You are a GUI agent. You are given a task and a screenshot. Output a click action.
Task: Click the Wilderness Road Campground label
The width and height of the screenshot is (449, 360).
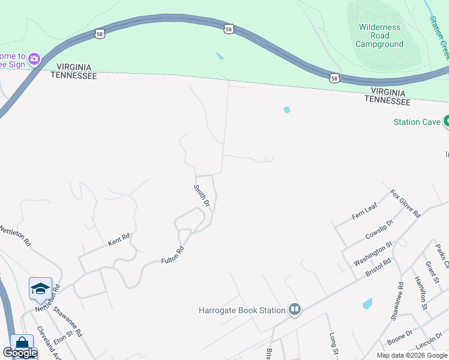(x=379, y=35)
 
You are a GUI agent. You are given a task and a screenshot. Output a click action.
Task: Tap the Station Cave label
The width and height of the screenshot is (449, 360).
(x=415, y=122)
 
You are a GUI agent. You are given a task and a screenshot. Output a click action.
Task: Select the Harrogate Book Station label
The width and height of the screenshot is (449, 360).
(x=242, y=310)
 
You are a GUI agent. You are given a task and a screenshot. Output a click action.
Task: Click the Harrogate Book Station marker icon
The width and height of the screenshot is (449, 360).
(x=295, y=310)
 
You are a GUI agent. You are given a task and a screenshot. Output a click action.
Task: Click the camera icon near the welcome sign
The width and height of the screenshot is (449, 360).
(x=34, y=58)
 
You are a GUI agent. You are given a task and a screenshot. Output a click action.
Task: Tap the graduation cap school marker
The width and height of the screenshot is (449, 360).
(x=41, y=289)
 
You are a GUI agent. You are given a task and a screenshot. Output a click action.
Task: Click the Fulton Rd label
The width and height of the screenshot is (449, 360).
(x=172, y=256)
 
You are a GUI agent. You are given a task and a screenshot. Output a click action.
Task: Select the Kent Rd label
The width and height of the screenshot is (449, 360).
(x=119, y=239)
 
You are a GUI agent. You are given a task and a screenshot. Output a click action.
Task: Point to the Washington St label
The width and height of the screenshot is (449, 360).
(x=373, y=253)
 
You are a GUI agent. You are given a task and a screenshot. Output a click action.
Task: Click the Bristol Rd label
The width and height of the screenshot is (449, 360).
(x=378, y=268)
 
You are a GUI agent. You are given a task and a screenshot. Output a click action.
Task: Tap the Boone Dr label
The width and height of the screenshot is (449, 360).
(x=400, y=338)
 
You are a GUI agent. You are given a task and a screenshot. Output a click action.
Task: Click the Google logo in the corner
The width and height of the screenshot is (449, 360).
(x=19, y=353)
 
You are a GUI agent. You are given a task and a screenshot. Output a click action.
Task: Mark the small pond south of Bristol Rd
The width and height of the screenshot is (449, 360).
(x=367, y=304)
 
